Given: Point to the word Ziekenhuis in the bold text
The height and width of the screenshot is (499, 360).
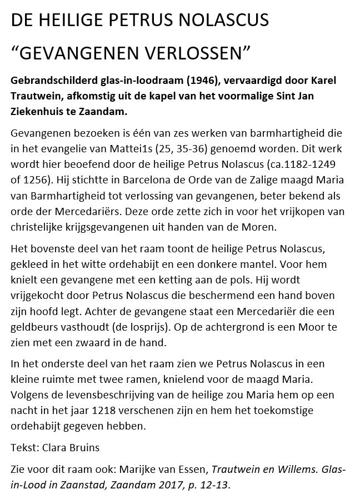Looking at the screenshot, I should [39, 112].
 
